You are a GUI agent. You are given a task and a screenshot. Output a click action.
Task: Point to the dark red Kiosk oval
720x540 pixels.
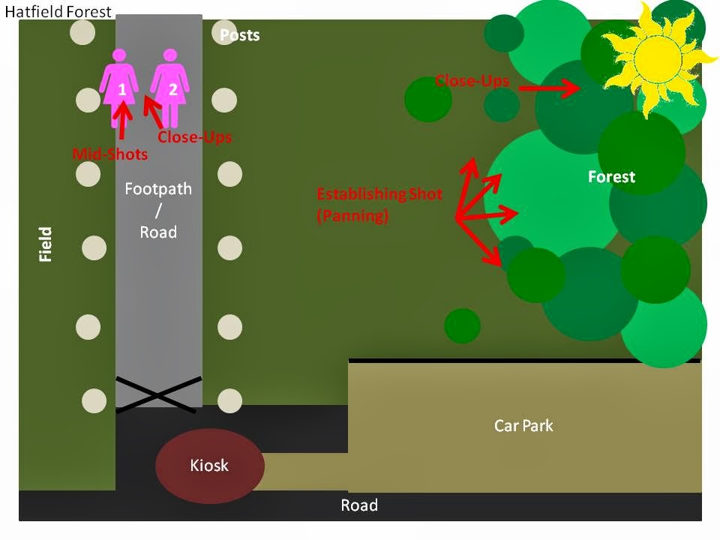(210, 466)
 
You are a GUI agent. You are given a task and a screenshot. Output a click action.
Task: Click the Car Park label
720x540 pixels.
(523, 426)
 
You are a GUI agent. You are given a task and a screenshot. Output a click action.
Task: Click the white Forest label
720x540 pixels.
(611, 177)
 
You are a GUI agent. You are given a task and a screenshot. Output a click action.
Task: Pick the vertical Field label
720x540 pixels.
(46, 244)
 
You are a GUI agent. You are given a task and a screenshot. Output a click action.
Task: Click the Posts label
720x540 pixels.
(240, 35)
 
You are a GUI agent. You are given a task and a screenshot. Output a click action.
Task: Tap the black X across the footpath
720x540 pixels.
(158, 392)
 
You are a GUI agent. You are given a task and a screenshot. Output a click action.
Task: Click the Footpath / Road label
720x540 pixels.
(158, 211)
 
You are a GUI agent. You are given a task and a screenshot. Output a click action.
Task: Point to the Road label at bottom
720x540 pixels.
(359, 505)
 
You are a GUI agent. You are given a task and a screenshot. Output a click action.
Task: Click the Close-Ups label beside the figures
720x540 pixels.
(194, 137)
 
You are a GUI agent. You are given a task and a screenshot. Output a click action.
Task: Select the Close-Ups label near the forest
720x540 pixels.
(472, 81)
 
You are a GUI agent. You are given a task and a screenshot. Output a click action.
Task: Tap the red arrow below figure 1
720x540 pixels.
(122, 118)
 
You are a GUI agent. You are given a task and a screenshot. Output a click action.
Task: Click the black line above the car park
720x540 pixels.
(524, 361)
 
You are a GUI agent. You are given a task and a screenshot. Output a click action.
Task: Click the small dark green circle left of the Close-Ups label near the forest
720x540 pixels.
(428, 100)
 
